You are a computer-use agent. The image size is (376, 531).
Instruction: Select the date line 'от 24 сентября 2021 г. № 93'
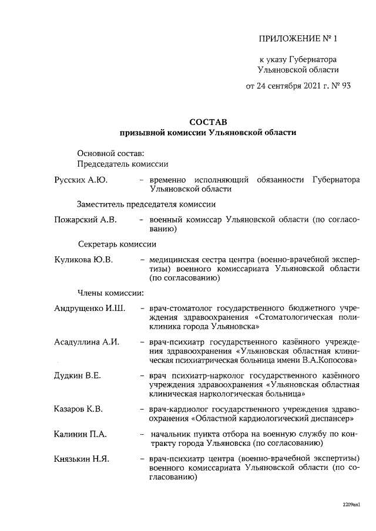[298, 86]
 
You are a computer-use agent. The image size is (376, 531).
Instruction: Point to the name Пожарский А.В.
[86, 219]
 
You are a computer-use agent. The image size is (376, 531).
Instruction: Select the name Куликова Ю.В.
[83, 259]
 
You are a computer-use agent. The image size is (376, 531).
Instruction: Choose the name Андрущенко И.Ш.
[89, 308]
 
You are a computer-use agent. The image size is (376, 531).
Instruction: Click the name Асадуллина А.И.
[86, 342]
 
